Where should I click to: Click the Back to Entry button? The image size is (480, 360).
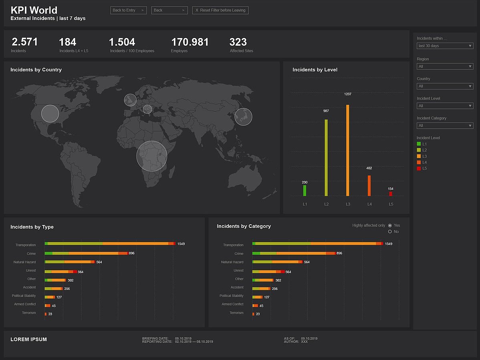point(128,10)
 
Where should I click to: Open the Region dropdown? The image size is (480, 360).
point(445,66)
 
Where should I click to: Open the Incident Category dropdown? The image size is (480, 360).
point(445,126)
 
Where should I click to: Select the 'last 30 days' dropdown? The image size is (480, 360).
point(445,46)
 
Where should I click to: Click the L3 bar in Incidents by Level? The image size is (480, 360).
point(348,150)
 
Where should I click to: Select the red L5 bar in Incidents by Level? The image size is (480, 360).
point(391,194)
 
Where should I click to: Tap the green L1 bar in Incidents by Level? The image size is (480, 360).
point(305,190)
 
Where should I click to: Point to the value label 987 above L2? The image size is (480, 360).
point(326,111)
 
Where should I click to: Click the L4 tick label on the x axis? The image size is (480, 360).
point(369,204)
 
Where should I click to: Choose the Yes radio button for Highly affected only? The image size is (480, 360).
point(390,225)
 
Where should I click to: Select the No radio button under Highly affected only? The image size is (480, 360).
point(390,231)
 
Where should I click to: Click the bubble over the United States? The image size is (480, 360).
point(50,114)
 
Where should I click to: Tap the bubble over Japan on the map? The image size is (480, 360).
point(243,117)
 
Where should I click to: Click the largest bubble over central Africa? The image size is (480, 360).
point(151,156)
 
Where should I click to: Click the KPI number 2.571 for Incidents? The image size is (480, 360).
point(24,42)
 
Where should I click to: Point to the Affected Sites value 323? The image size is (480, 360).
point(238,42)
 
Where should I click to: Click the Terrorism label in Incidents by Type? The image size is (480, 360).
point(29,313)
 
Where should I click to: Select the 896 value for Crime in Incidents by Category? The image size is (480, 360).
point(339,253)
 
